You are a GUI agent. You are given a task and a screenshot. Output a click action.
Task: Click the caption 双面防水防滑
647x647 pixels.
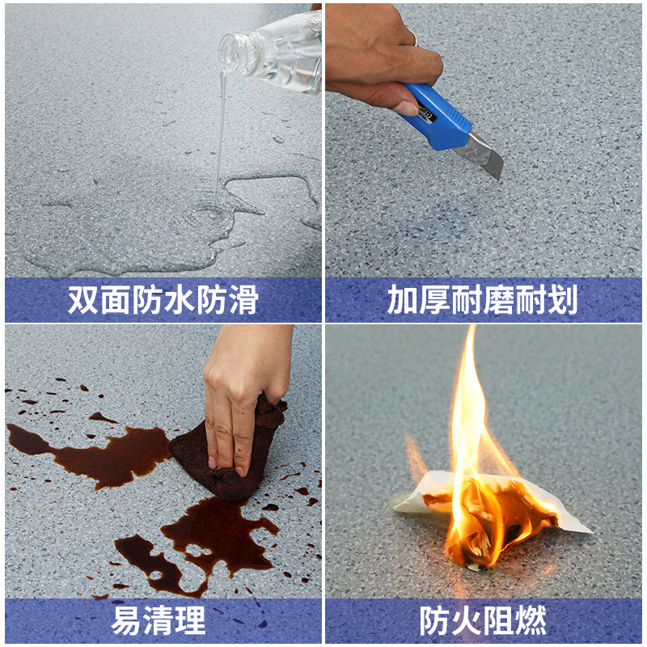[163, 300]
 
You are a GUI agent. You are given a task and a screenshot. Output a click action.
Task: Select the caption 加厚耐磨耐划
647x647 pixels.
[482, 300]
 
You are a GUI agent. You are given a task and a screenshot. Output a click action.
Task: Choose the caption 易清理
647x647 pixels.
[159, 620]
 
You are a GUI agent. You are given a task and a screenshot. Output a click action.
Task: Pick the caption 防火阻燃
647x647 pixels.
[483, 620]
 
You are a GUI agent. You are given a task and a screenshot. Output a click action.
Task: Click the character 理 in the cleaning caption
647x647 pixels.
[191, 620]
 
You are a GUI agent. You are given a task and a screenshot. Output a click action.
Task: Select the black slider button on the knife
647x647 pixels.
[425, 116]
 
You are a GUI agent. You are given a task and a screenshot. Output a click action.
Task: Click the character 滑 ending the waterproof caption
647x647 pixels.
[243, 300]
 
